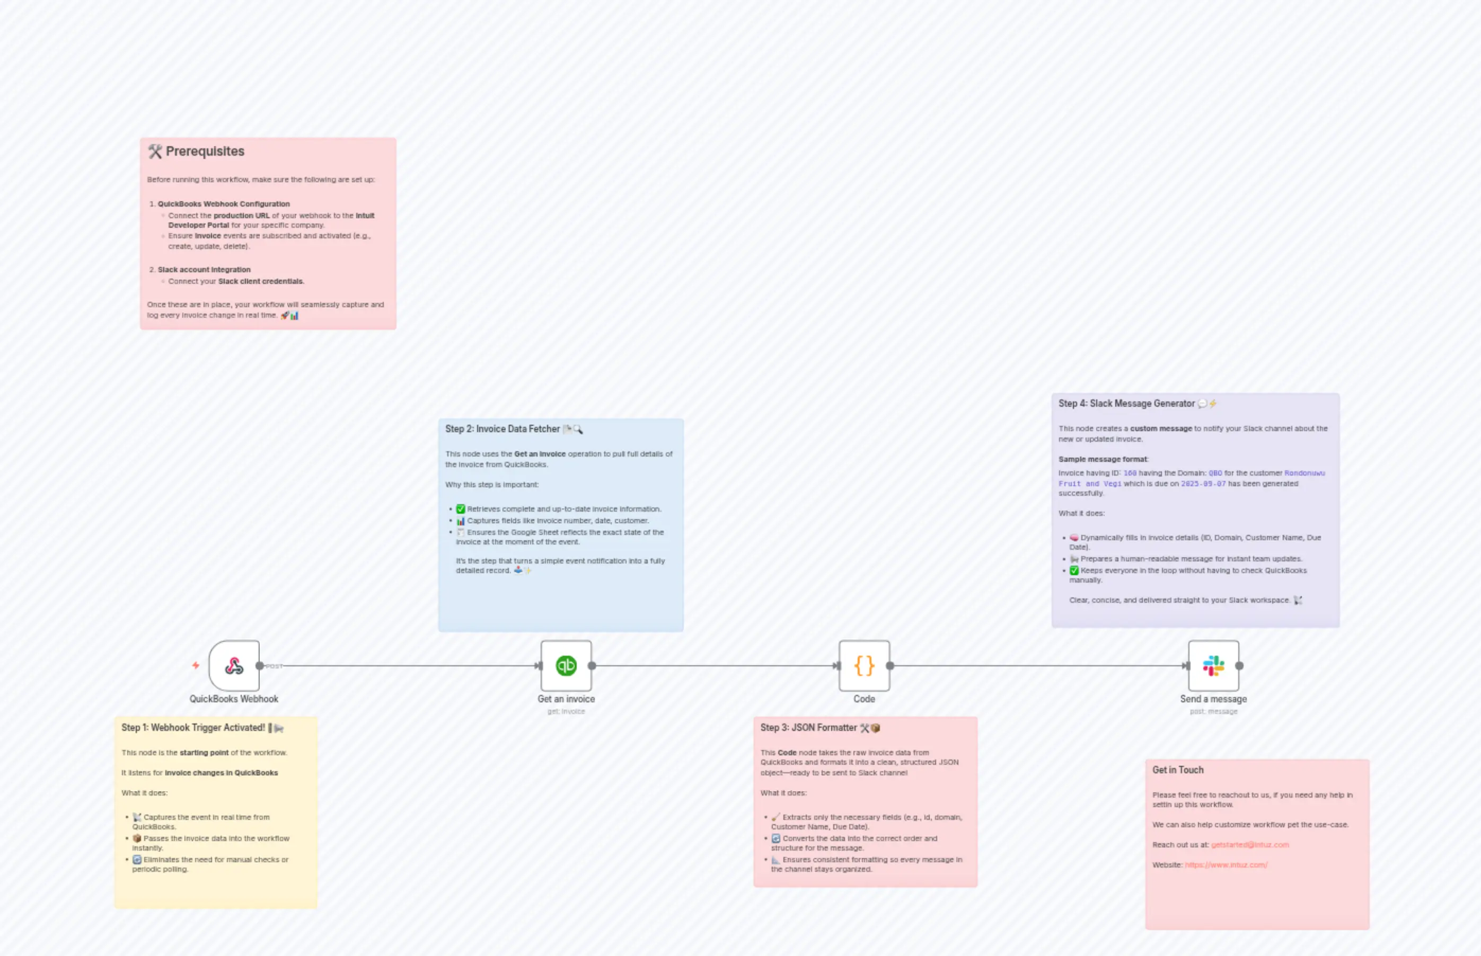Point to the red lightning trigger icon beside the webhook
(x=196, y=665)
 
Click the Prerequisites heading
(x=205, y=151)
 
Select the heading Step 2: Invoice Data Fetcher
(x=502, y=429)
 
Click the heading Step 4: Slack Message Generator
(x=1126, y=404)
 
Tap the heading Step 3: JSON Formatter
(x=808, y=728)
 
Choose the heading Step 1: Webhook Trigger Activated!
(x=192, y=728)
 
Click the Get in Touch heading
(x=1177, y=770)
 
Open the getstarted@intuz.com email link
(x=1249, y=845)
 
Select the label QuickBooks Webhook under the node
(x=234, y=699)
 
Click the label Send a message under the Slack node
(x=1213, y=699)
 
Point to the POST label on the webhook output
(x=274, y=666)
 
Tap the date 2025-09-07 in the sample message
(x=1203, y=484)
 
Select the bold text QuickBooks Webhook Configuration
(x=224, y=203)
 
